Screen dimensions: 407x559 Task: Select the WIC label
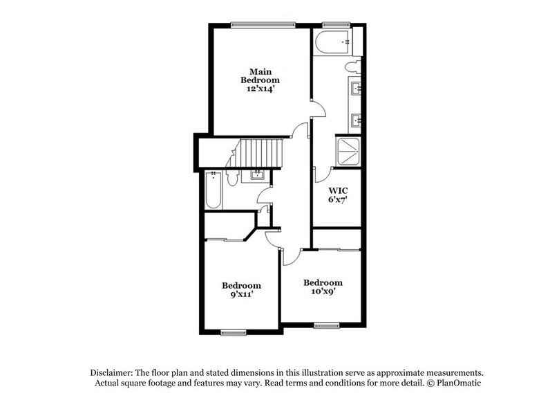(x=338, y=190)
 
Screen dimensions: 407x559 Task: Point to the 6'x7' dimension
(x=338, y=200)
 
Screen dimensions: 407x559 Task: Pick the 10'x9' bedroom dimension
(x=323, y=292)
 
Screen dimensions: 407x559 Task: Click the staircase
(x=261, y=152)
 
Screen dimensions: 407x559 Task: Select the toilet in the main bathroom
(x=354, y=67)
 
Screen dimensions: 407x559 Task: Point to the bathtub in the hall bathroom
(x=213, y=191)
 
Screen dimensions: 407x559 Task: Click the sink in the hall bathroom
(x=258, y=174)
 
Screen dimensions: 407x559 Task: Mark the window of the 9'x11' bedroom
(x=234, y=333)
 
